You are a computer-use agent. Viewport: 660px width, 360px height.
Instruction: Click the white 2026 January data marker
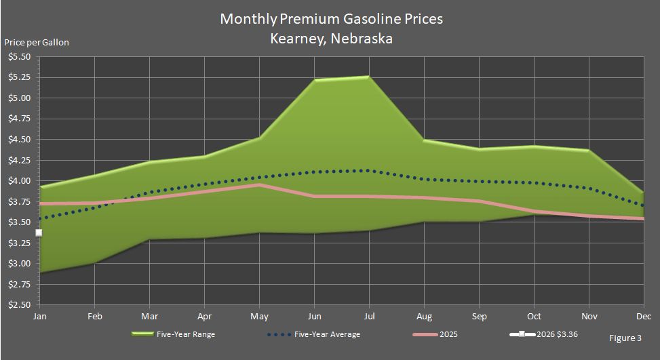[x=39, y=233]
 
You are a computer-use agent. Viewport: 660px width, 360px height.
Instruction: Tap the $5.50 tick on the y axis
[x=19, y=57]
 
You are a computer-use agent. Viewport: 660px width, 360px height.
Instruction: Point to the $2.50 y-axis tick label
[x=19, y=305]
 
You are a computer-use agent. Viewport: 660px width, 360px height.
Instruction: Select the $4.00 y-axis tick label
[x=19, y=181]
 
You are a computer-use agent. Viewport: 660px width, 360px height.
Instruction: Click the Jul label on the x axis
[x=369, y=316]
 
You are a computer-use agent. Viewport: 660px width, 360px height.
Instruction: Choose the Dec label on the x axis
[x=643, y=316]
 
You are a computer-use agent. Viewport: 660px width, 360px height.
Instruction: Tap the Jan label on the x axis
[x=39, y=316]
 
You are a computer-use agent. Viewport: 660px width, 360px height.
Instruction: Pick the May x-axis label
[x=259, y=316]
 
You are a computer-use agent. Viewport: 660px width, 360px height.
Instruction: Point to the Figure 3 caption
[x=624, y=337]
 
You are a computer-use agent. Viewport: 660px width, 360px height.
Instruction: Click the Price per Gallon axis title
[x=37, y=42]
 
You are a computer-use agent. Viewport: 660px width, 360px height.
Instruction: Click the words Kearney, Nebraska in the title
[x=331, y=38]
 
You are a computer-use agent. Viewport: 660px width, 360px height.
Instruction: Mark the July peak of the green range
[x=368, y=77]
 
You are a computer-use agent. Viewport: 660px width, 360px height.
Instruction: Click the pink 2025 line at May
[x=259, y=184]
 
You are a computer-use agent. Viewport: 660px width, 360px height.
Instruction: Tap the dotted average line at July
[x=368, y=170]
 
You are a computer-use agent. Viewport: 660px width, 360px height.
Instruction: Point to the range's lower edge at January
[x=39, y=273]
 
